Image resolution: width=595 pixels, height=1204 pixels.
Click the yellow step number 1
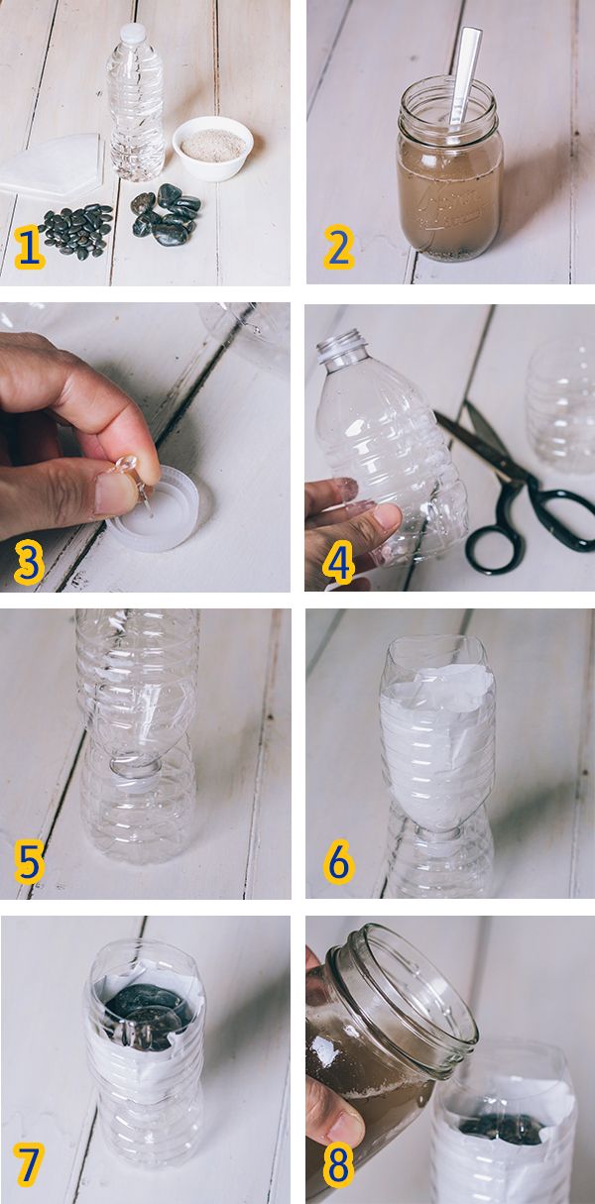coord(30,249)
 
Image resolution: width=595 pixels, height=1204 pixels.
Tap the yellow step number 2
coord(338,249)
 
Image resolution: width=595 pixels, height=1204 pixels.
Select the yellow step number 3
coord(29,561)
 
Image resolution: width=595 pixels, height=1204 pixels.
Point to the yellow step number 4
coord(338,561)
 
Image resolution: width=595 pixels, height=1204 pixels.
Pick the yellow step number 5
coord(29,863)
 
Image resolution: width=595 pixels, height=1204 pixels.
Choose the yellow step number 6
coord(338,863)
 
